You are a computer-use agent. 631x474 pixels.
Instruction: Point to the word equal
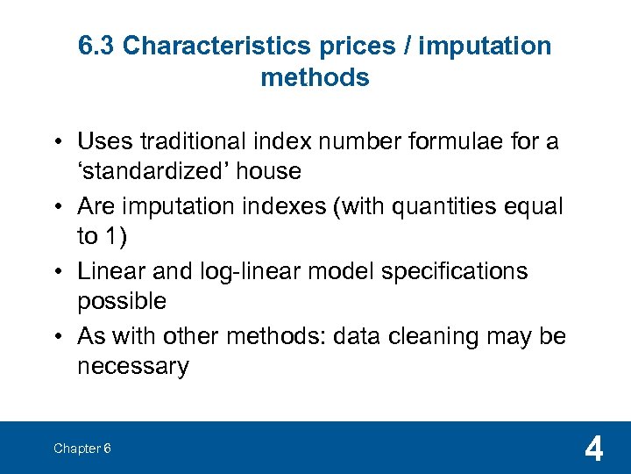[x=532, y=206]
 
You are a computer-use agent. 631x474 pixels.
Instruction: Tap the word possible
[x=122, y=301]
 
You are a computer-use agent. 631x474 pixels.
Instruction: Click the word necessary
[x=132, y=366]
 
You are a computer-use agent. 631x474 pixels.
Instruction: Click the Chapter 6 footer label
[x=82, y=449]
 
